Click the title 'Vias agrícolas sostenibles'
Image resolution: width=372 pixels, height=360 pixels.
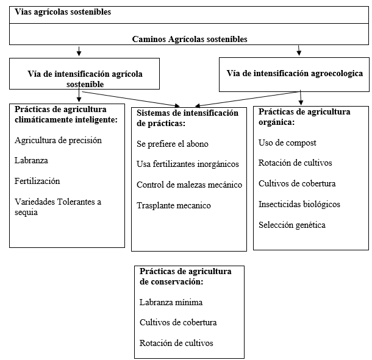[63, 12]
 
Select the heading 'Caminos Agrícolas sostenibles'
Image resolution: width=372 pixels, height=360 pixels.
[190, 38]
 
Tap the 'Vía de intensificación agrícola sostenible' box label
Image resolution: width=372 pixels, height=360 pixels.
[85, 79]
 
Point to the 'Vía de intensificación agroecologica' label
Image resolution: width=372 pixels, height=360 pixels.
[295, 73]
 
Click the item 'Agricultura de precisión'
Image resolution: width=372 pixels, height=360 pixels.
[58, 140]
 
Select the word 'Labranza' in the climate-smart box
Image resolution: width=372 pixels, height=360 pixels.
[31, 161]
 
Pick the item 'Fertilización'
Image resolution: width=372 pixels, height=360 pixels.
[37, 181]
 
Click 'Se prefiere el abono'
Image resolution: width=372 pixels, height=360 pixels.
[173, 144]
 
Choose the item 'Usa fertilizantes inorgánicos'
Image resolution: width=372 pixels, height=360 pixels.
[188, 164]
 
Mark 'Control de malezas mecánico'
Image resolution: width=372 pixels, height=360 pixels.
[189, 185]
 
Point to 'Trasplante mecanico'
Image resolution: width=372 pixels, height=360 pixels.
[174, 205]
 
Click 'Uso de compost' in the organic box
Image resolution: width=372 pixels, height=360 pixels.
[287, 143]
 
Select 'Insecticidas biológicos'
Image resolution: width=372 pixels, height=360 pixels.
[299, 204]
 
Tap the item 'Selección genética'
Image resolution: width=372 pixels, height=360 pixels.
[292, 225]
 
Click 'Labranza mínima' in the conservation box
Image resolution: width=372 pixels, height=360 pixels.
[171, 302]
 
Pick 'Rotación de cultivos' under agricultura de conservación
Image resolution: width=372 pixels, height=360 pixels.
[176, 343]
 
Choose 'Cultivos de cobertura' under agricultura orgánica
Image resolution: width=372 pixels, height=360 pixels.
[297, 183]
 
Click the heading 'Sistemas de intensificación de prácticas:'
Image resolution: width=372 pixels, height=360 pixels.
[187, 118]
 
